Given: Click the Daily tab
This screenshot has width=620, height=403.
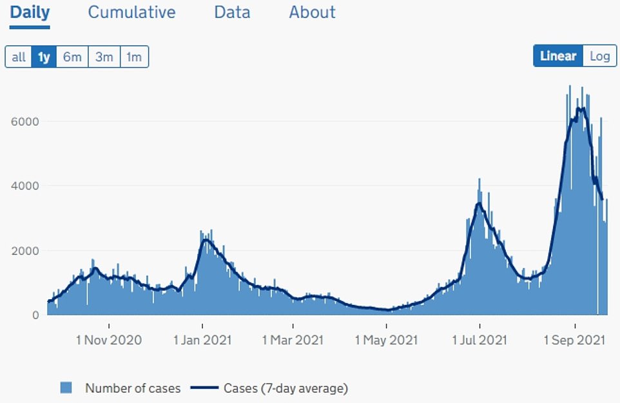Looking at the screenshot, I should [30, 12].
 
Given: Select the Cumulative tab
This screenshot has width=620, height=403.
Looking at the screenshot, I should [131, 12].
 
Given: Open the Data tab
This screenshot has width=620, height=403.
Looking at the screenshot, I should [232, 12].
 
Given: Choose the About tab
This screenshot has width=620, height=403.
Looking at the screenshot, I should [312, 12].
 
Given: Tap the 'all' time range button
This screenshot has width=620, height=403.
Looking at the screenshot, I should [19, 57].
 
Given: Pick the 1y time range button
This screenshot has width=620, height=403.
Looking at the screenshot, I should [44, 57].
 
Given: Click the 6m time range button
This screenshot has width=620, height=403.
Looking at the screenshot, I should [72, 57].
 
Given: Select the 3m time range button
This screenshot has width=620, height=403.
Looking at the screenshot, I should [104, 57].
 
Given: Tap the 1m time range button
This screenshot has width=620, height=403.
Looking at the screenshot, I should [133, 57].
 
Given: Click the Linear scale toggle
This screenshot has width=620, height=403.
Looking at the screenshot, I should [558, 56].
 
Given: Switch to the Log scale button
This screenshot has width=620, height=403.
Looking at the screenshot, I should [599, 56].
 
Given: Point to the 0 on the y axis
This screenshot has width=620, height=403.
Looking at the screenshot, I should [36, 315].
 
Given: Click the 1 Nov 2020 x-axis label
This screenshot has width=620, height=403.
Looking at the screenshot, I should [109, 340].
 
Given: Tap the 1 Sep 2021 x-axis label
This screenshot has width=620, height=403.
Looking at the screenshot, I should [575, 340].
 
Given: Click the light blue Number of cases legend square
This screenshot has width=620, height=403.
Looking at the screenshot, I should [66, 388].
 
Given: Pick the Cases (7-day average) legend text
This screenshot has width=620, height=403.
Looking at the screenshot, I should [286, 388].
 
